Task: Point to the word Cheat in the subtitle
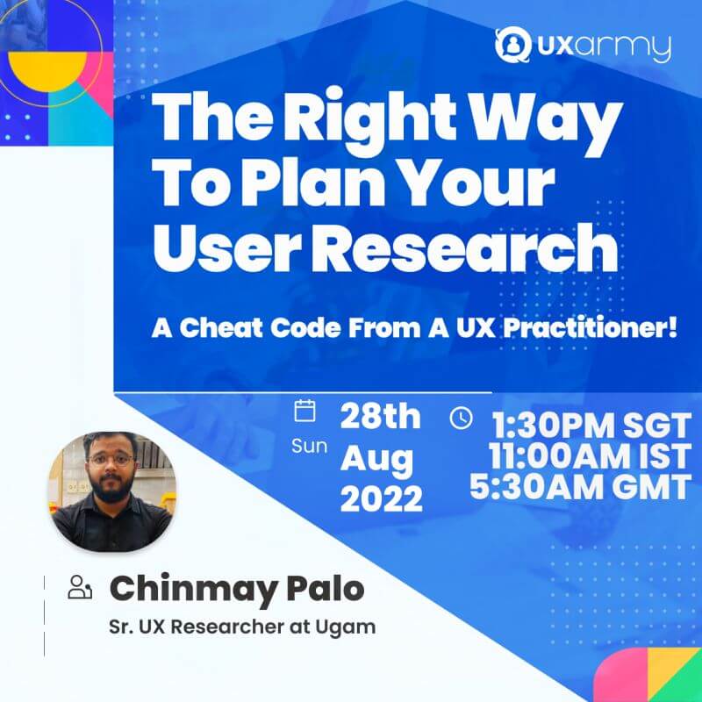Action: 222,327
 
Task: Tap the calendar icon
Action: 304,411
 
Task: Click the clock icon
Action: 461,419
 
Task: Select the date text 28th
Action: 381,417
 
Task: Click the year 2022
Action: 382,498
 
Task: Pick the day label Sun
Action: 310,446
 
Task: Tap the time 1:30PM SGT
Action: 591,426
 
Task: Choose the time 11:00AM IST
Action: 590,456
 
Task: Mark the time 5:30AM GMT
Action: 580,487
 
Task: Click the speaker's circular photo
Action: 112,491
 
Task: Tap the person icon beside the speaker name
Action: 80,587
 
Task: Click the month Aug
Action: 376,460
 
